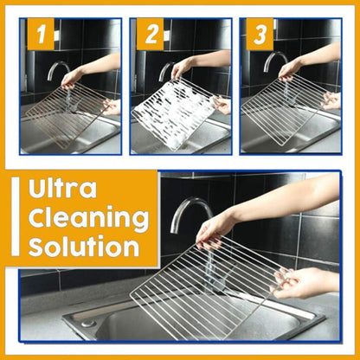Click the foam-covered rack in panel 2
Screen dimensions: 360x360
[x=173, y=112]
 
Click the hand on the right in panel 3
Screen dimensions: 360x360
[x=331, y=100]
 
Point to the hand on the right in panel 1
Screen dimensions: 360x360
[x=111, y=106]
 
